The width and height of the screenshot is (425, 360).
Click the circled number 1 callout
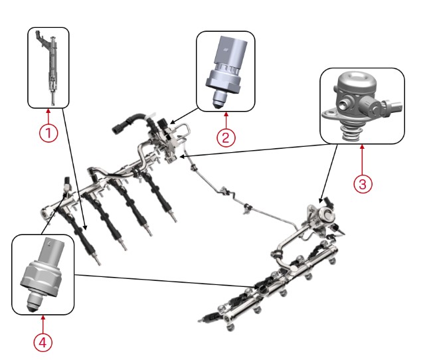point(48,133)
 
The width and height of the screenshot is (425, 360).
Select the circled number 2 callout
point(226,137)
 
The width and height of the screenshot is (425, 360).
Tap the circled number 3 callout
point(363,184)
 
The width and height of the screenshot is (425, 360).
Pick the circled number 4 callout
point(42,342)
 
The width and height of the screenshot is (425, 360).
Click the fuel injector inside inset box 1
point(48,67)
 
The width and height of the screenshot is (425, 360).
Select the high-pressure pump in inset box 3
point(361,106)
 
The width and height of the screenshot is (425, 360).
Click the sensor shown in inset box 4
point(43,274)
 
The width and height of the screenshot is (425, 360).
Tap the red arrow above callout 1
point(48,116)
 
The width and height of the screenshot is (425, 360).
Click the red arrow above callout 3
point(362,159)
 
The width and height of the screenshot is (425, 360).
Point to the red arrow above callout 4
point(42,324)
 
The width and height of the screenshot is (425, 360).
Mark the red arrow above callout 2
point(226,120)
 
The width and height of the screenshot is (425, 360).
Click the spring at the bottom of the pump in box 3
point(351,133)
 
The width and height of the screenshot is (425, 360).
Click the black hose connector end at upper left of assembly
point(118,128)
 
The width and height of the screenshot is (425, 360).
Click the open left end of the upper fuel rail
point(46,212)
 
